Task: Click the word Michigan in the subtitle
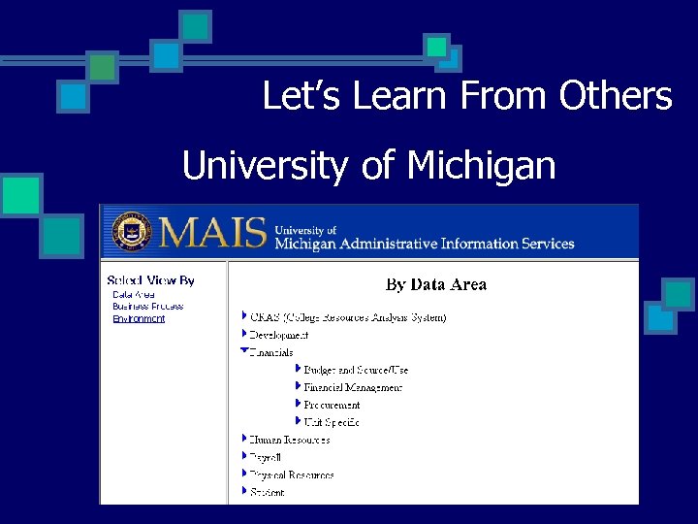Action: [481, 166]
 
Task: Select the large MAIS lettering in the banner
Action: [212, 232]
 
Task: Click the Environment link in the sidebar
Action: [139, 318]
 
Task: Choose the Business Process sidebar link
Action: [147, 307]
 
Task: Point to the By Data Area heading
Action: [436, 284]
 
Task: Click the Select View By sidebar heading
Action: [150, 280]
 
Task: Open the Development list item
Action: [279, 335]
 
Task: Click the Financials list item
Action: [272, 352]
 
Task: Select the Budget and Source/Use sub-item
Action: [356, 370]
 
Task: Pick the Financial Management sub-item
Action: [353, 387]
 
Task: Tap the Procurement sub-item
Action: [332, 405]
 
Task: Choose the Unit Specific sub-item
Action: [332, 422]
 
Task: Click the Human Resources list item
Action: [290, 440]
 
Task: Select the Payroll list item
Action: [266, 457]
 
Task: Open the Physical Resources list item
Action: [292, 475]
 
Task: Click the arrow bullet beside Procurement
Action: [297, 404]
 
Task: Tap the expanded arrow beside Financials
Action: [244, 350]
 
